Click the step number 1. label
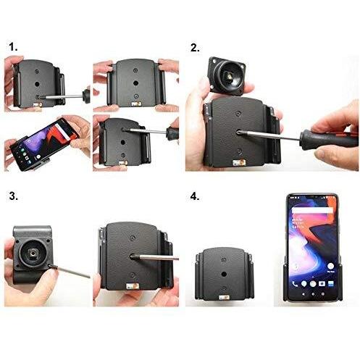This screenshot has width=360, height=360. pos(13,47)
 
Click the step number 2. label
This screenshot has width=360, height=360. pos(195,48)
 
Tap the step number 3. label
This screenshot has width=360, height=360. pos(14,196)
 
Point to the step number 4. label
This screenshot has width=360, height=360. pos(195,196)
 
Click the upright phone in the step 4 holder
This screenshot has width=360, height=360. pos(312,247)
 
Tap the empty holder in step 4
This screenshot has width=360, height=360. pos(225,274)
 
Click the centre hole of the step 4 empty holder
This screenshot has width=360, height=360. pos(224,274)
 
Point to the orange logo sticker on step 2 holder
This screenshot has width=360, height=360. pos(239,162)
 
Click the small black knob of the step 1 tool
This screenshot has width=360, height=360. pos(86,96)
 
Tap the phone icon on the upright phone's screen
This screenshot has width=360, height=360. pos(295,284)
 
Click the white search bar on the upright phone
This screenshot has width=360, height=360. pos(312,210)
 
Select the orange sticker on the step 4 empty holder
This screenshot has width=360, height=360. pos(224,298)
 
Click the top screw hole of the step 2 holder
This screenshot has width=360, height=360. pos(238,113)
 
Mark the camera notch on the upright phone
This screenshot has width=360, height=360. pos(312,197)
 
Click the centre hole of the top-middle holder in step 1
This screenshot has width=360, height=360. pos(135,83)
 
